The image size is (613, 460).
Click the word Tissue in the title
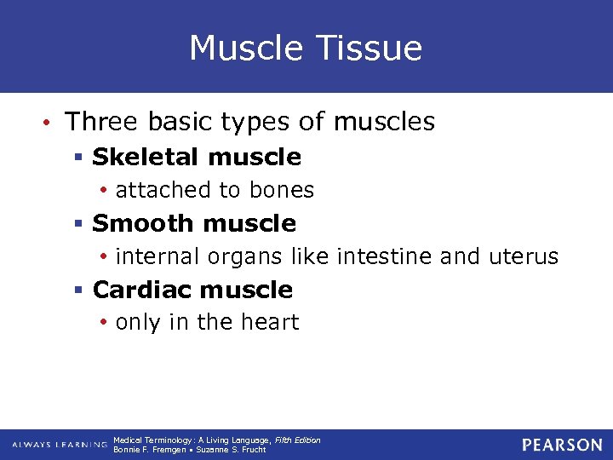[372, 48]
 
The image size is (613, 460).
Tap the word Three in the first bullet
[101, 122]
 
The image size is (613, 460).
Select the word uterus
[524, 256]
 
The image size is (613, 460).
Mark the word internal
[157, 256]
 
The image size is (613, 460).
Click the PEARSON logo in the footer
[561, 445]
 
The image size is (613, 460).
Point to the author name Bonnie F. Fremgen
[148, 450]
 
